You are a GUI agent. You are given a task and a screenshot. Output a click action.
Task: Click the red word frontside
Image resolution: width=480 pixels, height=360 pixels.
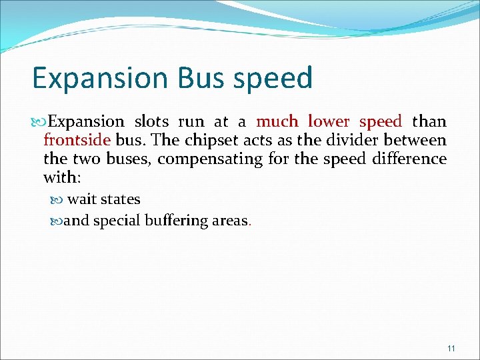(x=77, y=141)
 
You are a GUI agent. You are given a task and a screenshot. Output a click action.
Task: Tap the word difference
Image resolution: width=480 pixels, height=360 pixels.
(x=409, y=159)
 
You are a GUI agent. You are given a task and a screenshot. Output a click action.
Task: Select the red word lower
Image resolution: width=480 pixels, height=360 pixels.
(x=329, y=122)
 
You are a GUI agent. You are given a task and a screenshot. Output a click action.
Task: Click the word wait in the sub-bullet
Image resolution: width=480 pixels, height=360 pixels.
(x=82, y=199)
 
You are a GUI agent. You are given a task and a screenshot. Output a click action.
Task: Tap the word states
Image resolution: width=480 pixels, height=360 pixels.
(x=121, y=199)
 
